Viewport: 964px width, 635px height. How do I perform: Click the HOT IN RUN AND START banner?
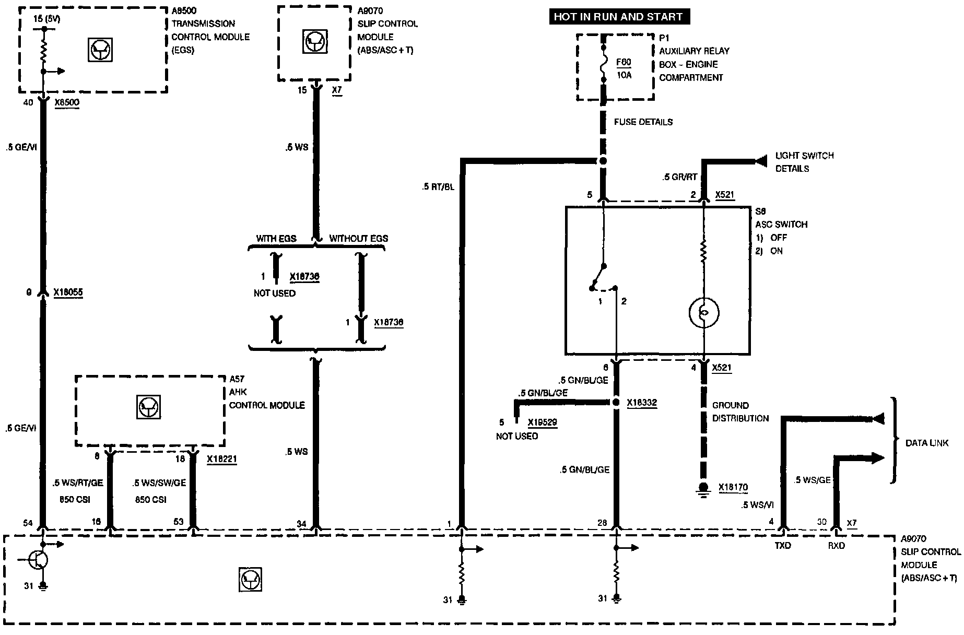618,17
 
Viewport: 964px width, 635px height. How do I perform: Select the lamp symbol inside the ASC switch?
703,312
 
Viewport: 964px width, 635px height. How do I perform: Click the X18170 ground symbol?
703,489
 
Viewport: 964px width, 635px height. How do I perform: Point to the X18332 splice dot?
616,402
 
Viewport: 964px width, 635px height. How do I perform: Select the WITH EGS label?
276,239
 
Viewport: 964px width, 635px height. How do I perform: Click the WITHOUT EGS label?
358,239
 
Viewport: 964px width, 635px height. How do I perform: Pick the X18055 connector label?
68,293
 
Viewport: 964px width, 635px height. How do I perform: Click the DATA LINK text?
926,443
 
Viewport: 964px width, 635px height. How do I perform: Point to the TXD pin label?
782,546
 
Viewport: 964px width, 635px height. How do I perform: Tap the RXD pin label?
836,546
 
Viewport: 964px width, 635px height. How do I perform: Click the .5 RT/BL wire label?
437,186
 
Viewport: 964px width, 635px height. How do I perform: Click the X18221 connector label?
221,459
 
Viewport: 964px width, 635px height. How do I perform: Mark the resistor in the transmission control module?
44,51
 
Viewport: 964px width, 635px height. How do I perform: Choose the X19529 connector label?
542,422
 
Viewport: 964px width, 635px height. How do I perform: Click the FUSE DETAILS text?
643,122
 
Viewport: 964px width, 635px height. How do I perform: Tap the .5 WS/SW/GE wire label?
159,483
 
